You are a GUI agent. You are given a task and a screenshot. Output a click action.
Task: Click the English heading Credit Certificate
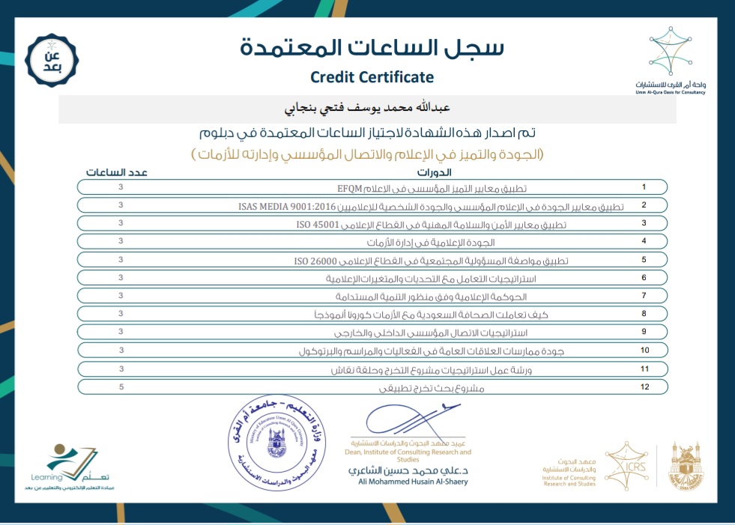point(372,76)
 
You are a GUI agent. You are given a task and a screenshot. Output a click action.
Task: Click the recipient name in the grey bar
point(367,109)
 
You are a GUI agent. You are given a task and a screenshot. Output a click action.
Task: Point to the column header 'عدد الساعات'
point(116,172)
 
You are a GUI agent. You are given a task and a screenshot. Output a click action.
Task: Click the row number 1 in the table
point(643,186)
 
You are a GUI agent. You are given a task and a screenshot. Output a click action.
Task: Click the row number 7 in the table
point(643,296)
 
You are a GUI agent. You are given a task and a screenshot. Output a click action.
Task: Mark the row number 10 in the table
point(644,350)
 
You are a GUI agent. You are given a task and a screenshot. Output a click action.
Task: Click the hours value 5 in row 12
point(120,386)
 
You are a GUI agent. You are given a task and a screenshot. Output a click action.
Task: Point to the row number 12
point(644,386)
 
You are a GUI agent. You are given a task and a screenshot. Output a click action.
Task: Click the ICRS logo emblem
point(624,461)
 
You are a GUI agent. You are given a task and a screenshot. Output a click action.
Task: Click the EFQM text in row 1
point(350,187)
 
